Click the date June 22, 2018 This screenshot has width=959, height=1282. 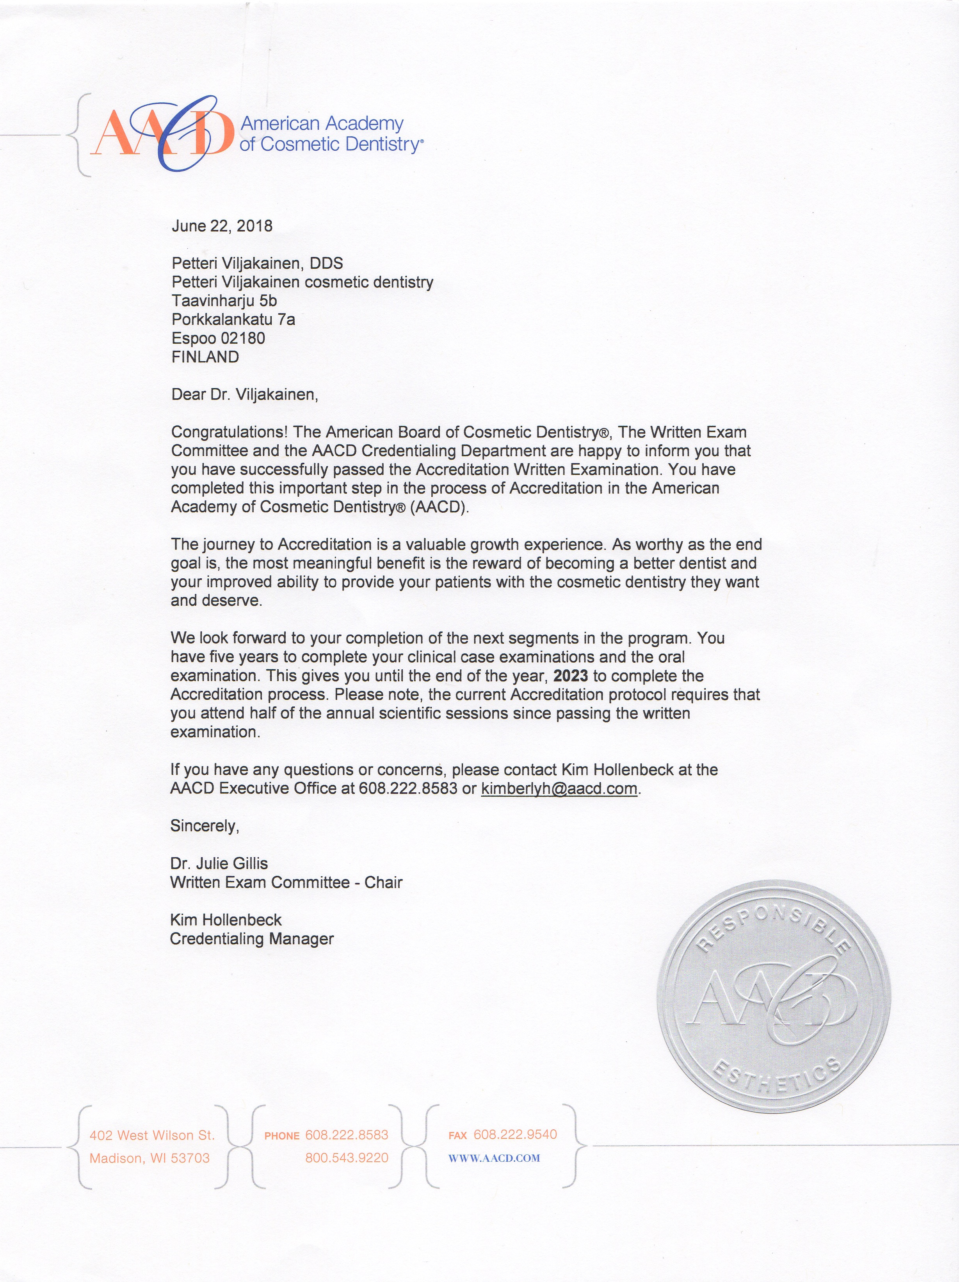point(222,226)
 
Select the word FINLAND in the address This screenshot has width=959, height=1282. point(205,357)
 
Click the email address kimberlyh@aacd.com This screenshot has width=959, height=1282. point(559,788)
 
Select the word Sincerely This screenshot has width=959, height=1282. point(204,826)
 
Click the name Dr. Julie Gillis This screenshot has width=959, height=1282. point(219,863)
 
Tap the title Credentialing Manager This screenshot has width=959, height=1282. point(252,938)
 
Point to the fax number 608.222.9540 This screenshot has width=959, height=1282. point(515,1134)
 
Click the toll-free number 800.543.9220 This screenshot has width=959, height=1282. point(347,1158)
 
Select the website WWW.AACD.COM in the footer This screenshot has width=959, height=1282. point(494,1158)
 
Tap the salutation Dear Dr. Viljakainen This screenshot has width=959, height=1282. point(244,395)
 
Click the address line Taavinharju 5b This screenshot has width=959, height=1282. point(224,301)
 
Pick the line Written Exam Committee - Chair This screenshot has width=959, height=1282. point(286,882)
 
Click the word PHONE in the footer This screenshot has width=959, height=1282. point(282,1136)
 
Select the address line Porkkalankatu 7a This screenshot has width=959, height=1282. point(233,319)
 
